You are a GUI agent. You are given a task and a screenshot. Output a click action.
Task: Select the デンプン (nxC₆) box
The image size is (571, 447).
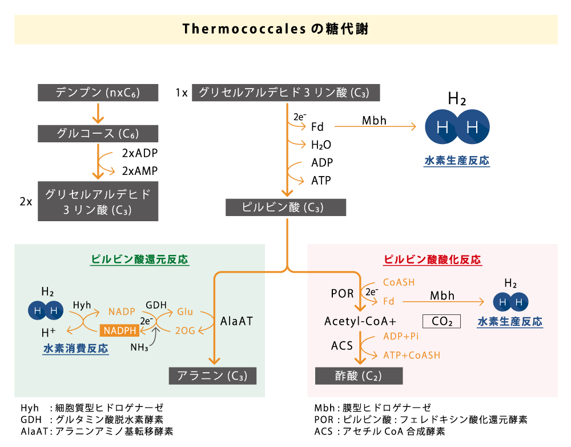(98, 93)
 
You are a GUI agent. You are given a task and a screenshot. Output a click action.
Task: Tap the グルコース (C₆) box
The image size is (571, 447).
(98, 134)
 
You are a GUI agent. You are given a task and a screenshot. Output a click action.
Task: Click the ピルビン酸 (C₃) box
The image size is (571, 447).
(285, 207)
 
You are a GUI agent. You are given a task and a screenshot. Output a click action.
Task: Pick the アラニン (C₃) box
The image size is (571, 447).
(212, 376)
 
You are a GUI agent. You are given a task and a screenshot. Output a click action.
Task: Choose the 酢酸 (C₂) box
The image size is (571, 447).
(359, 376)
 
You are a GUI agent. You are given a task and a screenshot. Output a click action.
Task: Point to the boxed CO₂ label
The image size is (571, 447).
(441, 321)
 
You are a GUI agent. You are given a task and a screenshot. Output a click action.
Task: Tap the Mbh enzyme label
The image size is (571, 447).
(443, 296)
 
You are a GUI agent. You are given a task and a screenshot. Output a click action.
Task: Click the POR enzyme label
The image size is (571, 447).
(342, 294)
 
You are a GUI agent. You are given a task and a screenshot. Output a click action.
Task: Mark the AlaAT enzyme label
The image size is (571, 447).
(236, 321)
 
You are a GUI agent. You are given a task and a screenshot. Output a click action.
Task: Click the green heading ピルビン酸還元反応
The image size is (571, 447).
(140, 260)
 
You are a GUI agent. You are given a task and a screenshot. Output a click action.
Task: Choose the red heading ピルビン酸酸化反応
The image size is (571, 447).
(432, 260)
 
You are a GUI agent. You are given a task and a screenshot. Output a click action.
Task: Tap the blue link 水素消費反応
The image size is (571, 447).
(75, 348)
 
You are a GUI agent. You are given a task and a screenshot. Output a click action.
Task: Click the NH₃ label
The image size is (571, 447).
(139, 348)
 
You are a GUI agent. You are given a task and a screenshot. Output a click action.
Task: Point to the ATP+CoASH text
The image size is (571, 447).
(412, 355)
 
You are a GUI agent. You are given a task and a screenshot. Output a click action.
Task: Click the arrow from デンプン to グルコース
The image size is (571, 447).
(98, 113)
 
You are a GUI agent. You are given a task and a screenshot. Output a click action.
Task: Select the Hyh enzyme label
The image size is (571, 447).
(82, 305)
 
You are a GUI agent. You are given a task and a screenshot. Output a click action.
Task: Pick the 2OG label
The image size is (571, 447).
(185, 330)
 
